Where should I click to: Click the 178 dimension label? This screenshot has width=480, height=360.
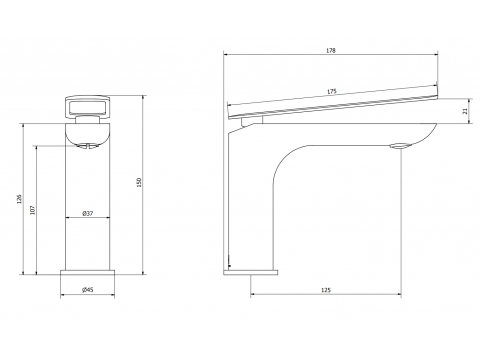[x=331, y=51]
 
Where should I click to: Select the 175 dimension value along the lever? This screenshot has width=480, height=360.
[x=332, y=91]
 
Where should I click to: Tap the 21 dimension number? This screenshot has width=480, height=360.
[x=465, y=111]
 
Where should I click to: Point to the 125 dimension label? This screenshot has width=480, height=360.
[x=326, y=290]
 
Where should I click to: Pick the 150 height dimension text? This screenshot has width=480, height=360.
[x=139, y=182]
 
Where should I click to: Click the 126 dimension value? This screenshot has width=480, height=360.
[x=19, y=199]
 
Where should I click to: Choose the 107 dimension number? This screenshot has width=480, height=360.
[x=32, y=210]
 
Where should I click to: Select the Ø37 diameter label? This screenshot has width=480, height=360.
[x=88, y=213]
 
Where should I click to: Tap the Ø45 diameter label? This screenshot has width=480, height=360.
[x=87, y=290]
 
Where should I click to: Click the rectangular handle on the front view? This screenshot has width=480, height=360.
[x=87, y=107]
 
